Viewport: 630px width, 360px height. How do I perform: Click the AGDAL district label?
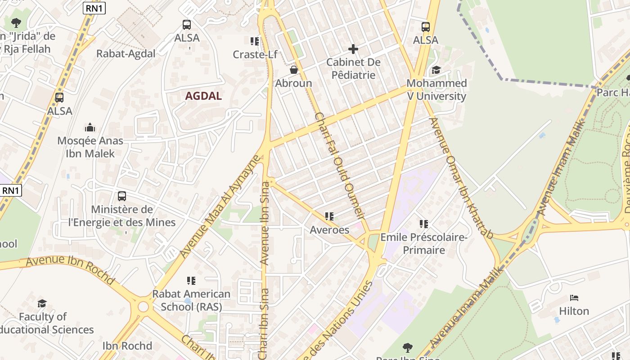pos(203,96)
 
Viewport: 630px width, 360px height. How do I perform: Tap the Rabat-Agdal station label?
pos(126,54)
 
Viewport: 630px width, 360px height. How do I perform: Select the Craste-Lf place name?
pos(255,54)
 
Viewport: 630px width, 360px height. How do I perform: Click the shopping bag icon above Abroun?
pos(294,70)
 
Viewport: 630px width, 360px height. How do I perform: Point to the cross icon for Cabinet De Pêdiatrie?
pos(353,49)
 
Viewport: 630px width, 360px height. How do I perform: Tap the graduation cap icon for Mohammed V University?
pos(436,70)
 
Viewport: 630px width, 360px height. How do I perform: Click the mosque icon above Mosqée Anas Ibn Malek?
pos(90,127)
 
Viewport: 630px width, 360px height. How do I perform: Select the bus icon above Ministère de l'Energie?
pos(121,196)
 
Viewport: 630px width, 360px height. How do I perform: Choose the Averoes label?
pos(329,230)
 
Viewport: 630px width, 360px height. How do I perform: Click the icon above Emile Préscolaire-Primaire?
pos(423,224)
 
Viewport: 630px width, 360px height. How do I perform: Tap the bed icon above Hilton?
pos(574,298)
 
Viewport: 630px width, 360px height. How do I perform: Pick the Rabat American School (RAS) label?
pos(191,300)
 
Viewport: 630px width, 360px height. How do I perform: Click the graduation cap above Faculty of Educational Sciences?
pos(42,303)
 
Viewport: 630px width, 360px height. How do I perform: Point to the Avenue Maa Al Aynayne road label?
pos(220,207)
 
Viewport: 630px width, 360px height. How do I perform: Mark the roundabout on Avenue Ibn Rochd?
pos(143,307)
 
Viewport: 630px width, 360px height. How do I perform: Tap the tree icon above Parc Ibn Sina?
pos(407,347)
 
